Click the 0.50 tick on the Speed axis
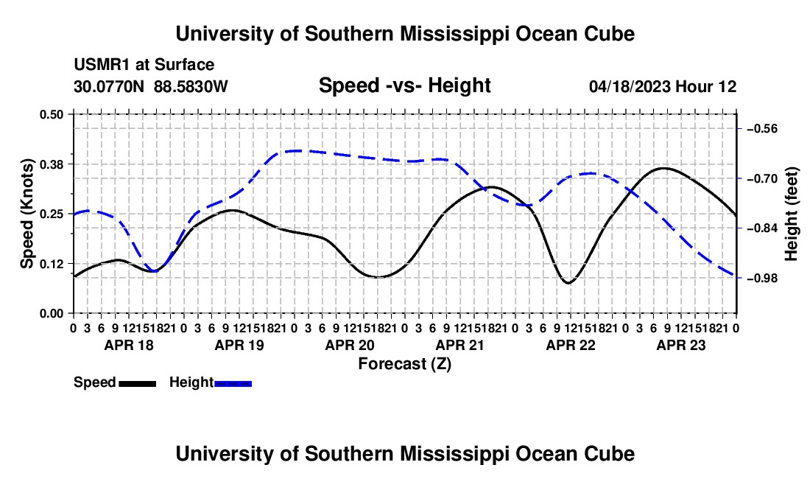[51, 114]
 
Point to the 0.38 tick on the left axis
[51, 164]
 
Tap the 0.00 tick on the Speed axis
[51, 314]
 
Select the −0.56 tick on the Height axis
[762, 129]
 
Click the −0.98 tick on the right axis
[762, 279]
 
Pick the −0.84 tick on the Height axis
[762, 228]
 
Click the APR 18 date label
[129, 345]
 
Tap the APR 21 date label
[459, 345]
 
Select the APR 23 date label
[681, 345]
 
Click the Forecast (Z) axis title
[405, 364]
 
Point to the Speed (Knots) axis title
[27, 214]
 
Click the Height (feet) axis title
[792, 214]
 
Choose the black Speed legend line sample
[138, 383]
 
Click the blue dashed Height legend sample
[233, 383]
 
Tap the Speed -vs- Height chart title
[404, 85]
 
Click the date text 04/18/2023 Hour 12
[663, 86]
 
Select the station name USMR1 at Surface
[144, 65]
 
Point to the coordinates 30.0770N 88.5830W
[151, 86]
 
